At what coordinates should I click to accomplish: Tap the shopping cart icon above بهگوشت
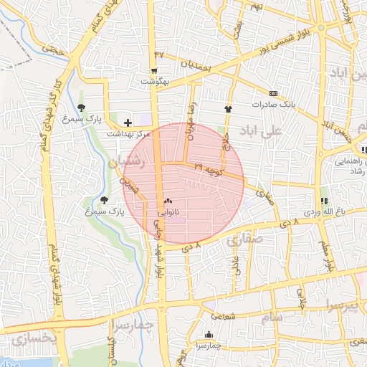[x=154, y=70]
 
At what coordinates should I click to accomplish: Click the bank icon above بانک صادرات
[x=273, y=93]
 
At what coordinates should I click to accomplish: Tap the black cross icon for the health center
[x=128, y=123]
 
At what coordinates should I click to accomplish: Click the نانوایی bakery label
[x=168, y=213]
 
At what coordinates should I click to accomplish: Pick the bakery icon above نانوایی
[x=168, y=201]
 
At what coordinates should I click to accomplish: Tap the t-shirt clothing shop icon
[x=228, y=110]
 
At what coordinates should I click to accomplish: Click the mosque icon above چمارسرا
[x=209, y=334]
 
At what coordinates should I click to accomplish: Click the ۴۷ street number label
[x=159, y=54]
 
